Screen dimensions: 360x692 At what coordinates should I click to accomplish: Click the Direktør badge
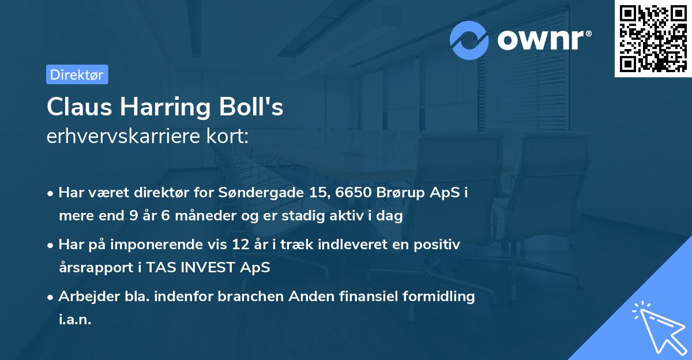pos(77,74)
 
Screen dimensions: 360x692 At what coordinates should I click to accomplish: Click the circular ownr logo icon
pos(469,40)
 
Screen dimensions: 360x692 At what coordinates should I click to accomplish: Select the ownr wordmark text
pos(543,40)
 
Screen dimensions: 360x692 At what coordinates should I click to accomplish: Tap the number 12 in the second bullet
pos(258,245)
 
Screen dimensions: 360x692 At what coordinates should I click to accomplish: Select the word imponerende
pos(167,245)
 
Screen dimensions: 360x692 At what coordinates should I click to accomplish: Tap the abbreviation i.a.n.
pos(75,320)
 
